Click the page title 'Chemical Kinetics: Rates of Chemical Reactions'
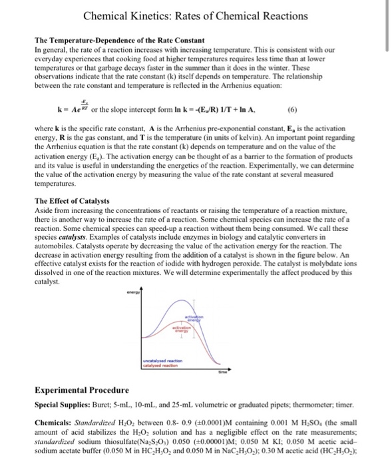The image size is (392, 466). (x=196, y=15)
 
